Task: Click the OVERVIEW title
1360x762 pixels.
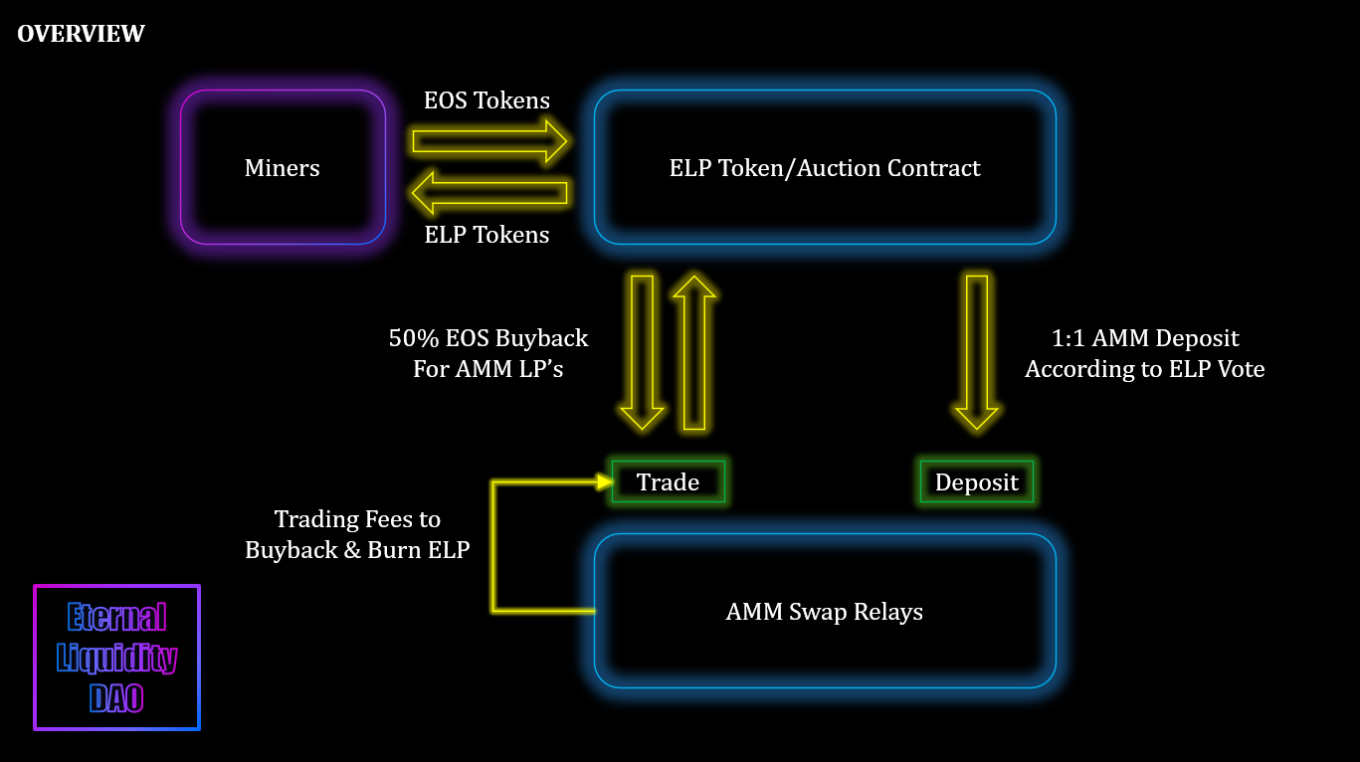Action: (x=81, y=34)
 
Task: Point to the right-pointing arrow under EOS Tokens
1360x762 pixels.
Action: (x=489, y=141)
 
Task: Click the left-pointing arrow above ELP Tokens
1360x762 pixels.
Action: (x=489, y=193)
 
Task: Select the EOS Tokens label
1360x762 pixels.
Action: (x=486, y=100)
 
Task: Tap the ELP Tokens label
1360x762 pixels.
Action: (x=486, y=235)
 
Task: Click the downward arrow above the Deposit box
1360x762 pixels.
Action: (x=976, y=352)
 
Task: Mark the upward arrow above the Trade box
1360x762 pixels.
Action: (x=694, y=352)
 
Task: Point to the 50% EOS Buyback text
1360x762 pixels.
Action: (x=488, y=338)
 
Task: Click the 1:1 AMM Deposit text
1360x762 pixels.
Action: (x=1145, y=338)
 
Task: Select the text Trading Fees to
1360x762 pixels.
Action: (x=357, y=519)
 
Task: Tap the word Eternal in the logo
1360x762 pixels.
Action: (x=116, y=617)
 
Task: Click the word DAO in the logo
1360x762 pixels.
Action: (x=116, y=697)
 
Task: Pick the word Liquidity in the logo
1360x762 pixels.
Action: (x=116, y=659)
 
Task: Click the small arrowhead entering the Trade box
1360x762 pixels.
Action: (x=605, y=482)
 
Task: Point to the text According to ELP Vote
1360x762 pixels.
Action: (x=1145, y=369)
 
